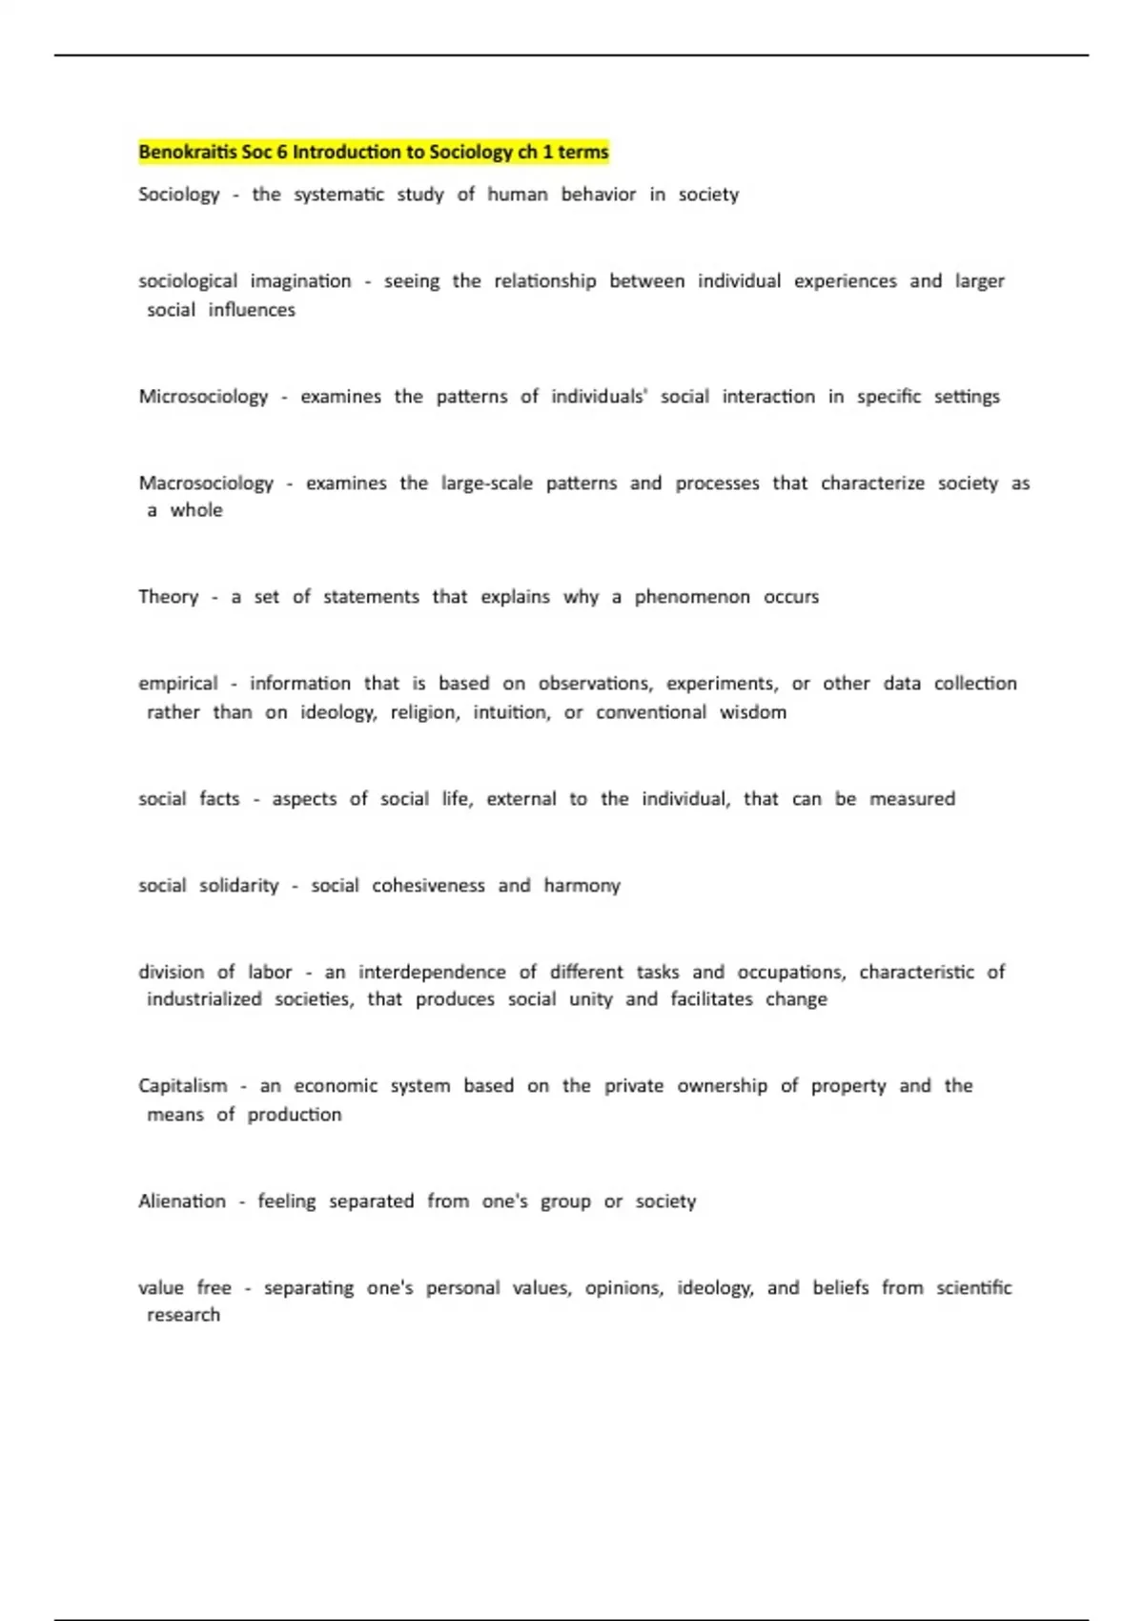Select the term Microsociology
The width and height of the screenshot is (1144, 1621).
tap(203, 396)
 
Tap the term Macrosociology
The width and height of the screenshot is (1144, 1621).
tap(206, 482)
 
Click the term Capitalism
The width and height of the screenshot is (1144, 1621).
tap(183, 1085)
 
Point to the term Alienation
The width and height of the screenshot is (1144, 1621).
tap(182, 1200)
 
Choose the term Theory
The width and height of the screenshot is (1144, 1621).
tap(169, 597)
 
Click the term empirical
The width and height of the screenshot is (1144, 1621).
tap(178, 684)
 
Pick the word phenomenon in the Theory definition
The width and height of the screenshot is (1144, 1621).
tap(692, 597)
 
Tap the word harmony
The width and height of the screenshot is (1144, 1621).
tap(582, 886)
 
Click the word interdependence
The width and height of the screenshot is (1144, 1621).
tap(432, 972)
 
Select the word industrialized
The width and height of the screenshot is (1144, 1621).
tap(204, 999)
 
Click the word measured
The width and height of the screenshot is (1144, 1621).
tap(911, 799)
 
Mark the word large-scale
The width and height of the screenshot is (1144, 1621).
tap(486, 482)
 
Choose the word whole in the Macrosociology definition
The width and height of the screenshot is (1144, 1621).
tap(196, 510)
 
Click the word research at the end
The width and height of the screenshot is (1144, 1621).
tap(183, 1315)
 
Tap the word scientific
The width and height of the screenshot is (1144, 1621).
tap(973, 1287)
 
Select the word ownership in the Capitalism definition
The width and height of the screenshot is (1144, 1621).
tap(722, 1085)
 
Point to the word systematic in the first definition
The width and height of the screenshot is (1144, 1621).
tap(338, 195)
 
